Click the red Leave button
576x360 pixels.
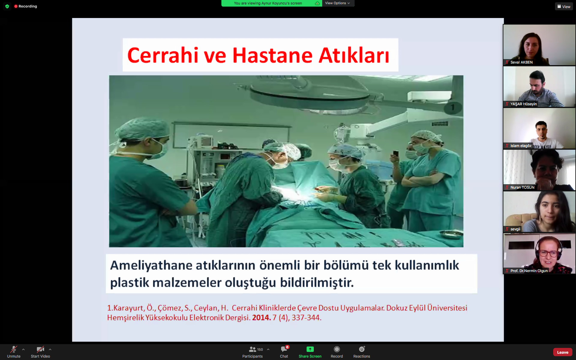562,352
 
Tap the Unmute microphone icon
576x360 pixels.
14,349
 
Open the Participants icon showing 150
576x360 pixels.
253,349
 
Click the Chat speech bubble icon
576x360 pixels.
284,349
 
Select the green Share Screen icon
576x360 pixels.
310,349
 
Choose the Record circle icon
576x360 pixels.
337,349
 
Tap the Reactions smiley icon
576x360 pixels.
362,349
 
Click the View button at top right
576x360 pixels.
564,7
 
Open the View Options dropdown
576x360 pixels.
338,3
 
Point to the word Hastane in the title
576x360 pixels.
272,55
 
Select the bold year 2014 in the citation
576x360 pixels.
261,317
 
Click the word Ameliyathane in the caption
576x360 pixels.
151,265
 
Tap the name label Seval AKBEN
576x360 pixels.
521,62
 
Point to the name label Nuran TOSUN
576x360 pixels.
522,187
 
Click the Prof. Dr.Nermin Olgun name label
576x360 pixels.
529,271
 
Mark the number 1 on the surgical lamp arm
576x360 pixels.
453,107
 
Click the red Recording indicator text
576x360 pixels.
28,6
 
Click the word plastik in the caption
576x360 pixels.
130,283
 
